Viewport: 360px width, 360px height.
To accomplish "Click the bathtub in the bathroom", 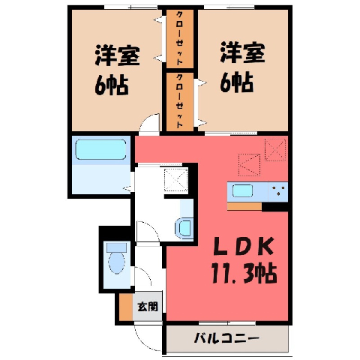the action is click(100, 149).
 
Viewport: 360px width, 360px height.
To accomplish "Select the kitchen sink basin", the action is click(242, 191).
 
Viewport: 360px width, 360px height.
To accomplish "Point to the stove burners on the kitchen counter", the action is click(278, 190).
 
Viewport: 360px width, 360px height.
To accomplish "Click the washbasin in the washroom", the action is click(184, 227).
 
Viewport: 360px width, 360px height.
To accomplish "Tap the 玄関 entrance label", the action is click(148, 306).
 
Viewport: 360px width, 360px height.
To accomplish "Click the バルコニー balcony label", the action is click(226, 339).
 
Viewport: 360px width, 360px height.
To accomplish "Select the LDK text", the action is click(243, 247).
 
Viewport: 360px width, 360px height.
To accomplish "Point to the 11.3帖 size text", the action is click(244, 273).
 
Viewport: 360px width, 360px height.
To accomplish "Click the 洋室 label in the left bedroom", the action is click(117, 55).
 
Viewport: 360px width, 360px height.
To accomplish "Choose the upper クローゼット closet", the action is click(180, 39).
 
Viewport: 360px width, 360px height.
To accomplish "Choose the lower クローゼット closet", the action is click(180, 102).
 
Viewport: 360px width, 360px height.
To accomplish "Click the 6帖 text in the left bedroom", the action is click(112, 85).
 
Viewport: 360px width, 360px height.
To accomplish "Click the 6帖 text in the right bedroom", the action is click(237, 82).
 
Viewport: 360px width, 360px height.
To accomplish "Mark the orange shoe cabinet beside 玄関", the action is click(126, 307).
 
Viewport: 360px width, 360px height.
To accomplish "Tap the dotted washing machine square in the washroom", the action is click(176, 180).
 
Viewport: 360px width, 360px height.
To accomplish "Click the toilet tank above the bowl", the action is click(116, 247).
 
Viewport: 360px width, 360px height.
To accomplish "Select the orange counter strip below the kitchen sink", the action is click(244, 206).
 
